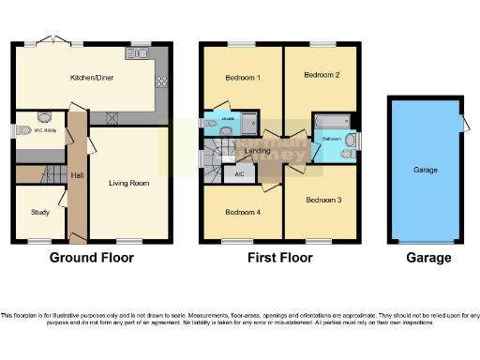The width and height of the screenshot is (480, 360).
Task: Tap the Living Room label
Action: click(x=128, y=183)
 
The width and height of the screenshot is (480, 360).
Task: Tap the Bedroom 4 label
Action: click(x=242, y=211)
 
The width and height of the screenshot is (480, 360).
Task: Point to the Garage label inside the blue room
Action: click(x=427, y=172)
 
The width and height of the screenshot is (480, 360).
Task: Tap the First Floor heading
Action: click(x=279, y=258)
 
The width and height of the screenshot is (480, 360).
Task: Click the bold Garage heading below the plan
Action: click(x=427, y=258)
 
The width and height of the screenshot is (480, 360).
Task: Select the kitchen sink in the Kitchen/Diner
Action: click(x=143, y=54)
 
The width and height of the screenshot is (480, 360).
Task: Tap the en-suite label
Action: click(x=225, y=119)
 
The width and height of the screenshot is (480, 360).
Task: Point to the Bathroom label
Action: click(x=332, y=138)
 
